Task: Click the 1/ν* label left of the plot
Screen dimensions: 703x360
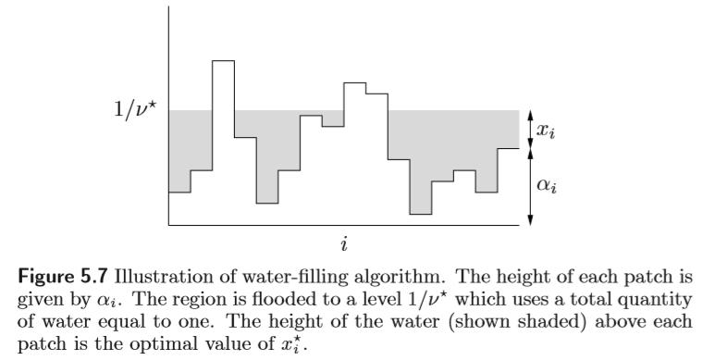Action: [x=134, y=110]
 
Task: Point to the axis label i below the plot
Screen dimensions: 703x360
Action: [x=344, y=244]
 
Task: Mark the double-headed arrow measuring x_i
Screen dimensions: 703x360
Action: [x=529, y=129]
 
